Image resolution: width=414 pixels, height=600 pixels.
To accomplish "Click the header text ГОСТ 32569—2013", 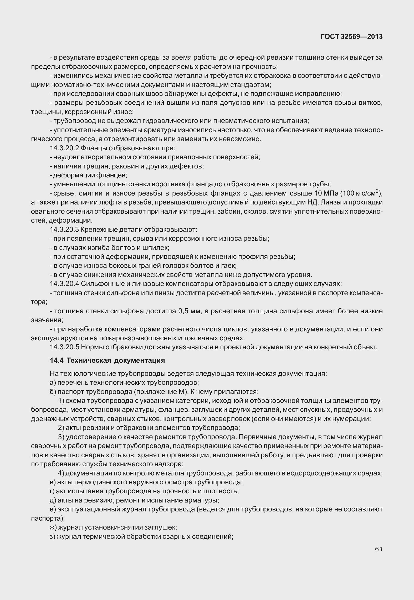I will [x=351, y=37].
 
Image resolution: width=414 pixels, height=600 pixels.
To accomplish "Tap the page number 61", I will [x=379, y=549].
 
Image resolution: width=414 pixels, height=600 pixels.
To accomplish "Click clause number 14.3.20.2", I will [x=64, y=148].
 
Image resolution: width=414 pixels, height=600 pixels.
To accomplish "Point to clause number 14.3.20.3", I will [x=64, y=229].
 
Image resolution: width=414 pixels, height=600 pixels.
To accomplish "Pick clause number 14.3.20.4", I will [x=64, y=284].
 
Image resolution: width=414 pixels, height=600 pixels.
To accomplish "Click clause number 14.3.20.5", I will [x=64, y=347].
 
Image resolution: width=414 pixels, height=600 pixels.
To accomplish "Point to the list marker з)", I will [x=52, y=536].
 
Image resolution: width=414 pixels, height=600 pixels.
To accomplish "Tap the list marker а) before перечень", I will [x=53, y=382].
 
